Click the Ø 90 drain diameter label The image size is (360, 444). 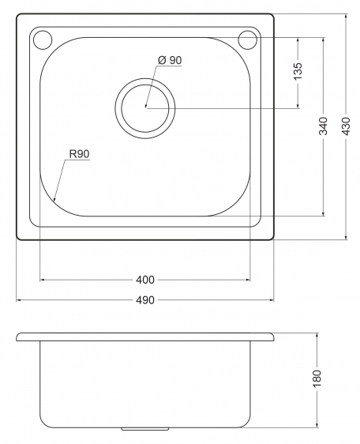coord(170,60)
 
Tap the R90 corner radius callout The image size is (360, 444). coord(79,154)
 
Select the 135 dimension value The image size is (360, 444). coord(298,71)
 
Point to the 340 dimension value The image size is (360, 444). coord(323,126)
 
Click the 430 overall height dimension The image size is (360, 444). coord(346,126)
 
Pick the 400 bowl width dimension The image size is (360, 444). coord(145,280)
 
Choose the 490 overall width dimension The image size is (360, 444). coord(145,300)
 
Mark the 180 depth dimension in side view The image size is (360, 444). coord(317,378)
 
